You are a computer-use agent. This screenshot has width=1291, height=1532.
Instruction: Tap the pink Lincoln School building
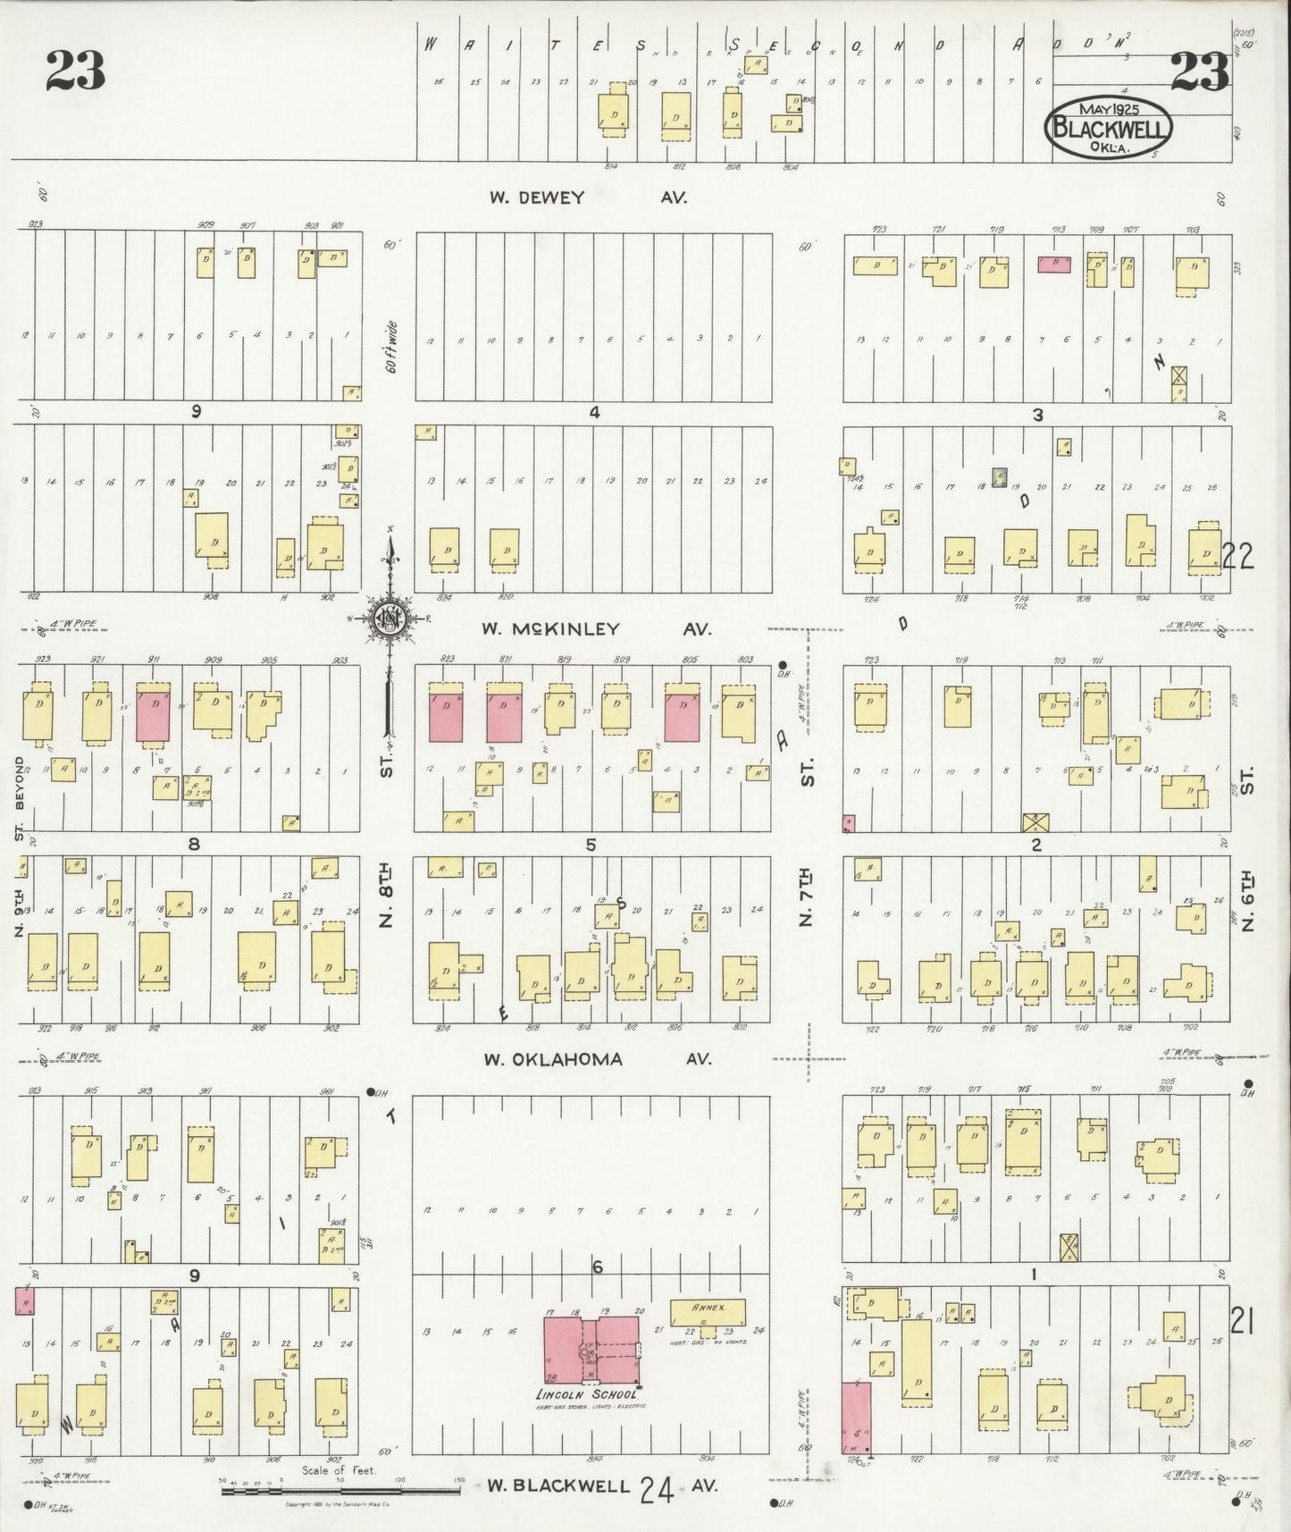point(592,1350)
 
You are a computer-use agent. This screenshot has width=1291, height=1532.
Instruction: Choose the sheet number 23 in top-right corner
point(1199,72)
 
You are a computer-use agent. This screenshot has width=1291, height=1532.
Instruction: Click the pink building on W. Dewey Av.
point(1054,265)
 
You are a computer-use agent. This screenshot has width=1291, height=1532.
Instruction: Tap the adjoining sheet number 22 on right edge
point(1238,557)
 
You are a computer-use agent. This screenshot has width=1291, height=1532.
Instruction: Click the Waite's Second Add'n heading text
point(733,45)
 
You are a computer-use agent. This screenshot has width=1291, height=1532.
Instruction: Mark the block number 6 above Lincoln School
point(597,1267)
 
